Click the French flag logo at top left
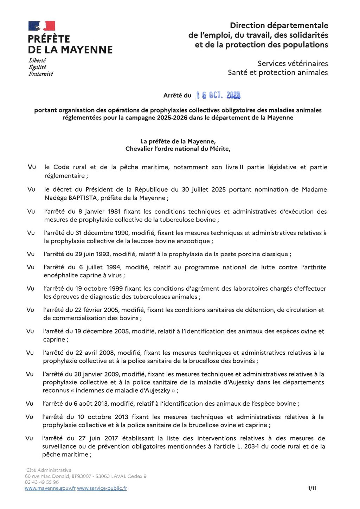[42, 26]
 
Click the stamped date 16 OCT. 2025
[218, 95]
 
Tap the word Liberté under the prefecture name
[37, 60]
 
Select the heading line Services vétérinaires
[292, 64]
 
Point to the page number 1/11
[312, 488]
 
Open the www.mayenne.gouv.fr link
[50, 488]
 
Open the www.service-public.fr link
[102, 488]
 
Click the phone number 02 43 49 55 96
[42, 482]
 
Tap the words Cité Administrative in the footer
[49, 470]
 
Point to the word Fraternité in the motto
[41, 74]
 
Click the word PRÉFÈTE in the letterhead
[49, 39]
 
